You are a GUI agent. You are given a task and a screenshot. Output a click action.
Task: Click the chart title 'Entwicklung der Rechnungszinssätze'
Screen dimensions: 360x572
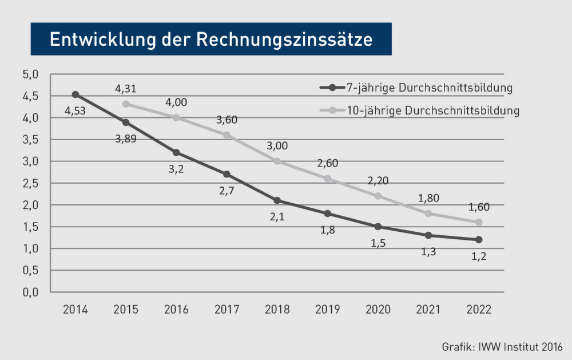coord(210,39)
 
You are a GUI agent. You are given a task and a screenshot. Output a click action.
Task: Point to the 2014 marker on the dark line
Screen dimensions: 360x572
coord(76,94)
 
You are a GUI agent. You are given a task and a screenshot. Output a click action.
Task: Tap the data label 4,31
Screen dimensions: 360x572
coord(126,89)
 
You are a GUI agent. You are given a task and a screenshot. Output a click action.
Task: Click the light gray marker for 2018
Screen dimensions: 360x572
coord(277,161)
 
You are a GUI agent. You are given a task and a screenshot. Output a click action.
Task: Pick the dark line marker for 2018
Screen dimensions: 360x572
coord(277,200)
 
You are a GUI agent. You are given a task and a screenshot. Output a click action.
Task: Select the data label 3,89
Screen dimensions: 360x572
coord(126,139)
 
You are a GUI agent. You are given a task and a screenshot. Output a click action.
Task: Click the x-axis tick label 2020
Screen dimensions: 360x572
coord(378,310)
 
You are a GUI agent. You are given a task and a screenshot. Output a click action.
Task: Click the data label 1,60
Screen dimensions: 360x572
coord(478,207)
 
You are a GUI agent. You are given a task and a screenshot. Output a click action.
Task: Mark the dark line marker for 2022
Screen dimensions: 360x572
coord(478,239)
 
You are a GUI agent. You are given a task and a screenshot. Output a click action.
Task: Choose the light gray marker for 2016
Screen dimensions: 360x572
coord(176,117)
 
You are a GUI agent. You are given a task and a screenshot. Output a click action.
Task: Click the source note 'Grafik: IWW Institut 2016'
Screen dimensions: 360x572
coord(502,347)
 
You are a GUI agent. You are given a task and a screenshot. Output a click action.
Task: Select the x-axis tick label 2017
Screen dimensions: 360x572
coord(227,310)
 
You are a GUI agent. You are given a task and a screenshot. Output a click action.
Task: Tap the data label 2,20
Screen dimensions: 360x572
coord(378,181)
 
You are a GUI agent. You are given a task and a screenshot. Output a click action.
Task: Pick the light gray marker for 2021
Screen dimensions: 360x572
coord(428,213)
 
